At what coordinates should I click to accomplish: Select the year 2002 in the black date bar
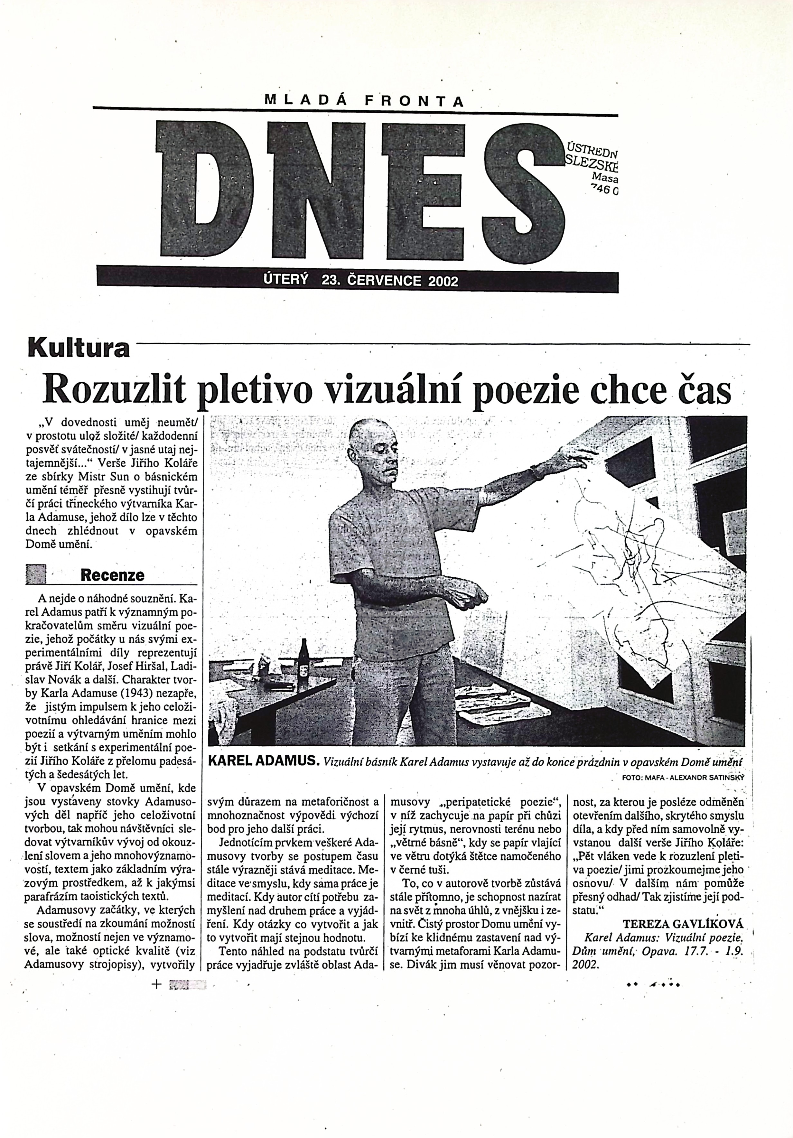point(443,281)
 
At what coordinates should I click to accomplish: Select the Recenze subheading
point(113,575)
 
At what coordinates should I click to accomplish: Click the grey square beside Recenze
point(36,574)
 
